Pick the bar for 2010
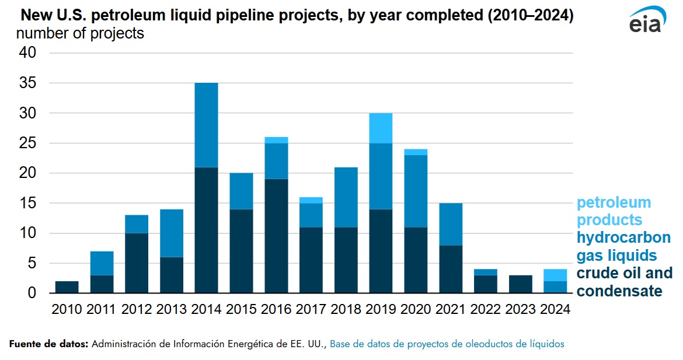(x=67, y=287)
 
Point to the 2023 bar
(x=520, y=284)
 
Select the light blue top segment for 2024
(x=555, y=275)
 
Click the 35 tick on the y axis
(x=28, y=83)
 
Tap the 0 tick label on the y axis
(x=32, y=293)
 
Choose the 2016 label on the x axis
(x=276, y=310)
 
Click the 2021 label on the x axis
(x=450, y=310)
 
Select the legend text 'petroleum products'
(x=613, y=211)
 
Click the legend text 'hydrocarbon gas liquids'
(x=623, y=246)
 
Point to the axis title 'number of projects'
(x=79, y=33)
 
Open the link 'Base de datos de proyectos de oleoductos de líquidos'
(x=447, y=344)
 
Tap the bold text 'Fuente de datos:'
(x=49, y=344)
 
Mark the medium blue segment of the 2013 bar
(x=171, y=233)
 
